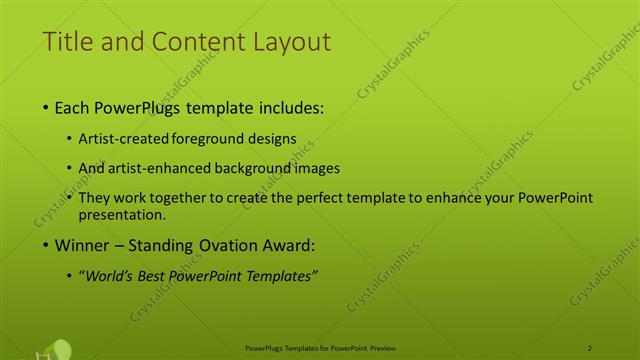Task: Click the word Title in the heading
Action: coord(69,42)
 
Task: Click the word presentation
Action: coord(129,215)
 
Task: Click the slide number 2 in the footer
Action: coord(590,348)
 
